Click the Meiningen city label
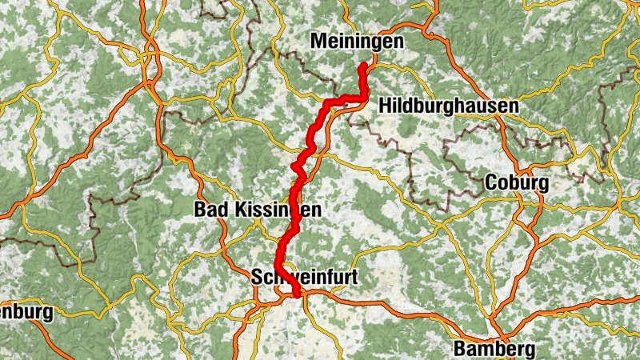click(356, 41)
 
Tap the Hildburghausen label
click(449, 106)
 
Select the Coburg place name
click(517, 183)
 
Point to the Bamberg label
click(494, 349)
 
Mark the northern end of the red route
click(365, 65)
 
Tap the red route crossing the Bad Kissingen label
click(295, 210)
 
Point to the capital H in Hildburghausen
click(386, 106)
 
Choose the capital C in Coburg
click(492, 183)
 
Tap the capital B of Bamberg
click(461, 349)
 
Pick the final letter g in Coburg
click(542, 186)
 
